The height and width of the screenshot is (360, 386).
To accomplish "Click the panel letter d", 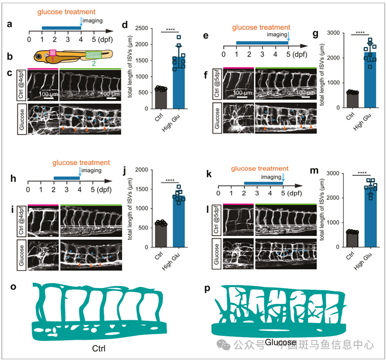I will point(125,26).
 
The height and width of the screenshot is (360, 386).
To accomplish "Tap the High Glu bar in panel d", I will point(179,71).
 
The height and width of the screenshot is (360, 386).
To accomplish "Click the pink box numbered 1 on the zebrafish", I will point(53,53).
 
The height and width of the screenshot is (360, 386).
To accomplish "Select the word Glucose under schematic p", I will point(280,343).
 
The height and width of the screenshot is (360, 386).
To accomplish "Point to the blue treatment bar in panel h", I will point(67,178).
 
